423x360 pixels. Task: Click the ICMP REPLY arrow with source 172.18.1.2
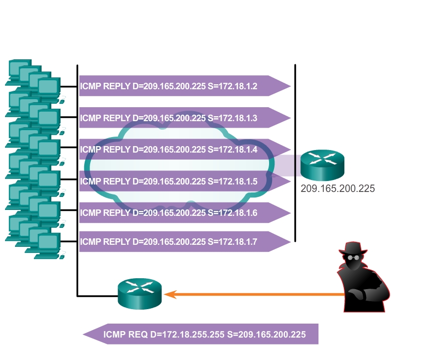(x=184, y=86)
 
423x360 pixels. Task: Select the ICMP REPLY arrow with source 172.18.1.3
(x=184, y=118)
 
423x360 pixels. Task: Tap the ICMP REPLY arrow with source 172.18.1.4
(x=184, y=150)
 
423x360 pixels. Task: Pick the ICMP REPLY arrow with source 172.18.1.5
(x=184, y=181)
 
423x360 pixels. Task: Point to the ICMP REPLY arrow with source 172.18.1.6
(x=184, y=213)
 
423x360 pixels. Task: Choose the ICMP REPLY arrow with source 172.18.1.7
(x=184, y=242)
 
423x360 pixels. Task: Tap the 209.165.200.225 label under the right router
(x=337, y=189)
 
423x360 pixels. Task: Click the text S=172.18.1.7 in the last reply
(x=232, y=242)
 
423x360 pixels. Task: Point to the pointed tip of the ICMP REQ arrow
(x=85, y=334)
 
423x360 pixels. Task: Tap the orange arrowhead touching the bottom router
(x=170, y=294)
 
